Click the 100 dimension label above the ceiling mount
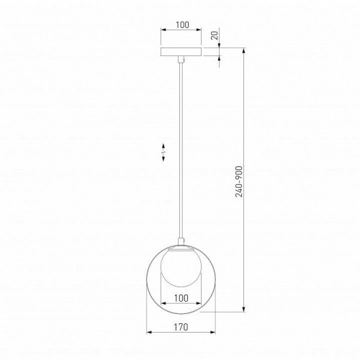click(182, 24)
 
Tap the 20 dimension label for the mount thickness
click(215, 35)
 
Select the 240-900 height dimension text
click(239, 181)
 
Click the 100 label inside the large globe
click(181, 298)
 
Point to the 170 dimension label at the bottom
click(181, 327)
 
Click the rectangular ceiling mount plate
click(181, 52)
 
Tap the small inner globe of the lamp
click(181, 268)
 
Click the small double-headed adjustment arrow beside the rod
click(163, 152)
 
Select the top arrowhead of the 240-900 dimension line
click(244, 50)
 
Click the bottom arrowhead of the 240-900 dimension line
click(244, 309)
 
